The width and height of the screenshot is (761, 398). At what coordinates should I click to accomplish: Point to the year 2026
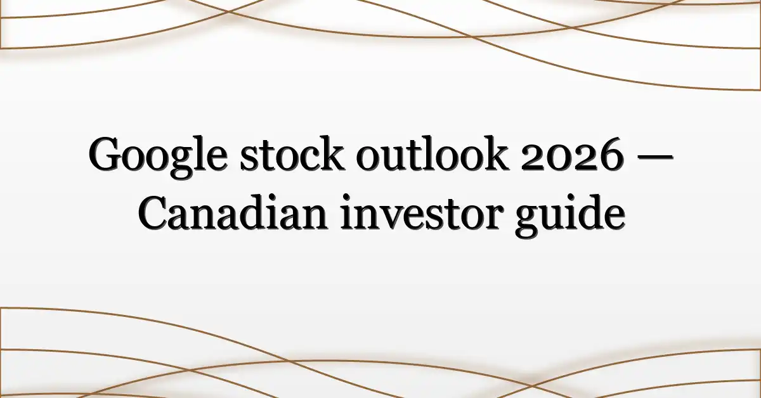coord(572,155)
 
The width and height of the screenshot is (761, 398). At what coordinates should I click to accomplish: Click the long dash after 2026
coord(654,157)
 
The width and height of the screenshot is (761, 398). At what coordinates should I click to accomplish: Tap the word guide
coord(569,215)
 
